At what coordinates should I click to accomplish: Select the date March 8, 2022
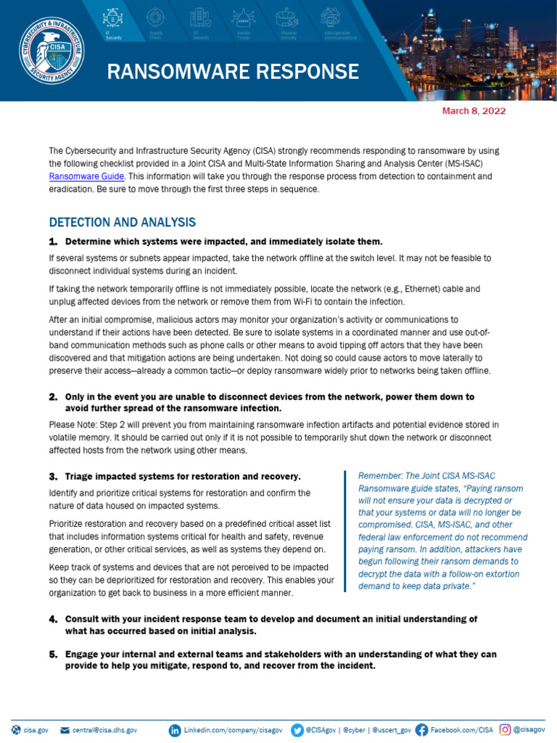pyautogui.click(x=474, y=111)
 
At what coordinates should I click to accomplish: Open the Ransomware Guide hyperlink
pyautogui.click(x=87, y=176)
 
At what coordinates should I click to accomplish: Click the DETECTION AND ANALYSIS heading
pyautogui.click(x=122, y=222)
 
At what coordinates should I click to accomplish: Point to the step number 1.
pyautogui.click(x=53, y=241)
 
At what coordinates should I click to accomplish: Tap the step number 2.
pyautogui.click(x=53, y=397)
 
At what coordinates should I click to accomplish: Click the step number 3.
pyautogui.click(x=53, y=477)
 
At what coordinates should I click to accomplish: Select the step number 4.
pyautogui.click(x=53, y=619)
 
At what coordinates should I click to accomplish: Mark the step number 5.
pyautogui.click(x=53, y=654)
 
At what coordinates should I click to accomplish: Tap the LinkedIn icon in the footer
pyautogui.click(x=175, y=730)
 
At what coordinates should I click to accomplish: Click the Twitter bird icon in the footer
pyautogui.click(x=297, y=730)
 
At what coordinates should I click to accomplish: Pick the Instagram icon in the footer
pyautogui.click(x=505, y=730)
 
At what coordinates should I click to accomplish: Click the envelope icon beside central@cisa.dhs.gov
pyautogui.click(x=65, y=730)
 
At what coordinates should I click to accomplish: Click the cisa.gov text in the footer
pyautogui.click(x=36, y=730)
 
